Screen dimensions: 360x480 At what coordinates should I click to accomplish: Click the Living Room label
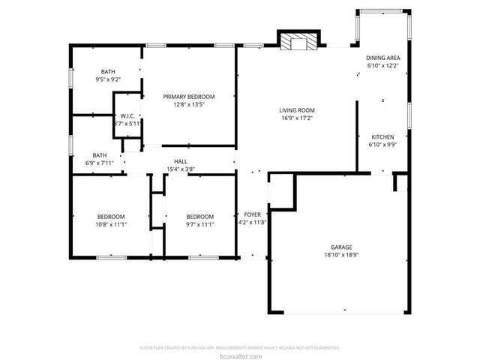(x=296, y=110)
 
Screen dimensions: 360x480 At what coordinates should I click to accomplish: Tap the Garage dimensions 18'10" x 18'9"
(x=342, y=254)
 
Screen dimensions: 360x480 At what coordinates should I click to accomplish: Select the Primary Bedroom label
(x=190, y=97)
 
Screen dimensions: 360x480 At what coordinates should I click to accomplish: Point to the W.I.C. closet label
(x=127, y=115)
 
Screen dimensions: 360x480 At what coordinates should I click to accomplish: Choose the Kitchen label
(x=382, y=136)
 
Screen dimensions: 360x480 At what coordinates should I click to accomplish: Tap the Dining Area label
(x=382, y=58)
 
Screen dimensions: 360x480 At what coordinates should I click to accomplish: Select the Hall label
(x=181, y=161)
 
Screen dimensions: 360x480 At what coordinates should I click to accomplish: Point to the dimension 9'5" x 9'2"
(x=109, y=79)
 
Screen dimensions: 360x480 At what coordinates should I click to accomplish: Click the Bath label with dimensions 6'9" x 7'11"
(x=100, y=154)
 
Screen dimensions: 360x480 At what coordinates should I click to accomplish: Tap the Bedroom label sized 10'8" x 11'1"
(x=111, y=217)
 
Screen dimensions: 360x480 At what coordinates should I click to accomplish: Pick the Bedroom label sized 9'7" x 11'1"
(x=200, y=217)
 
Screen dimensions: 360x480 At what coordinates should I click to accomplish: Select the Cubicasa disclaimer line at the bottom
(x=240, y=348)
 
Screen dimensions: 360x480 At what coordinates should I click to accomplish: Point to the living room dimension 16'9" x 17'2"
(x=296, y=118)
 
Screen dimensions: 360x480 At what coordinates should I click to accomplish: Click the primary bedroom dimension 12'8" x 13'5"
(x=190, y=104)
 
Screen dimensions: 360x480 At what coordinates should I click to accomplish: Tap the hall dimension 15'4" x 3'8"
(x=181, y=169)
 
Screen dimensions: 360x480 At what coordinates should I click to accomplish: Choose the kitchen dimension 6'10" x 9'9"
(x=382, y=144)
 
